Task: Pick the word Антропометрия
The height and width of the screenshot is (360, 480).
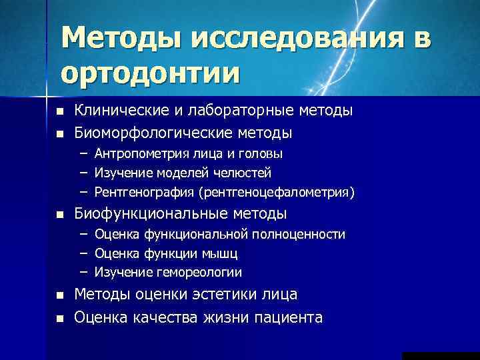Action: click(x=137, y=154)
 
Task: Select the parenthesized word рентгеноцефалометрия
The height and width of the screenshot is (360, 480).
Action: click(x=276, y=193)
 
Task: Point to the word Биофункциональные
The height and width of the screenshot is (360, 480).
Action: click(x=151, y=214)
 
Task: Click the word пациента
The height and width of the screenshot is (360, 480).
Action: click(x=288, y=317)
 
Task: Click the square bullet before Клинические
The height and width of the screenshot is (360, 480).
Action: click(x=59, y=111)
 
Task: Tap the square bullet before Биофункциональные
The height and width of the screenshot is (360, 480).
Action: click(x=59, y=215)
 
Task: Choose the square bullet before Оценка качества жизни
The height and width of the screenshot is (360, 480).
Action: click(x=59, y=318)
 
